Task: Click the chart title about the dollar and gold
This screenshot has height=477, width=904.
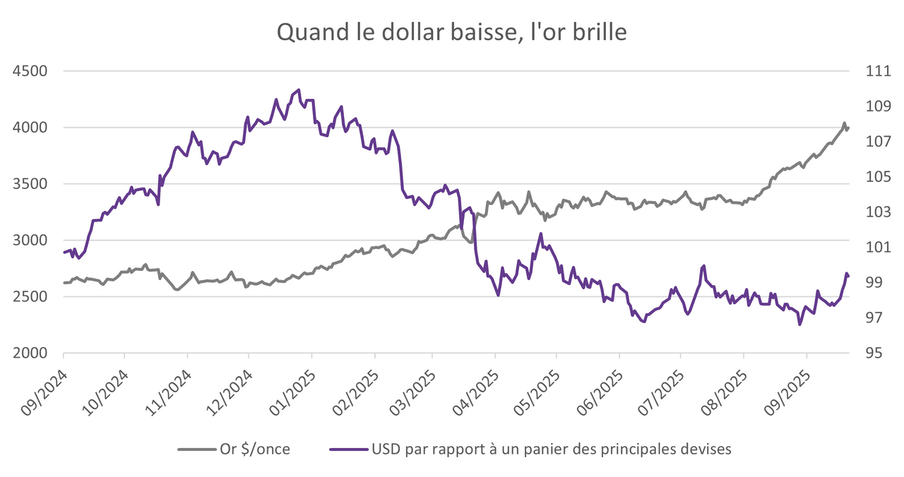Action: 451,32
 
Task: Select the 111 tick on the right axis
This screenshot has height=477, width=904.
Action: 867,71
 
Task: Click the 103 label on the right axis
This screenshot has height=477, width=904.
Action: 867,212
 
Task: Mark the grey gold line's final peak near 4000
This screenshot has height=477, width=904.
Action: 844,123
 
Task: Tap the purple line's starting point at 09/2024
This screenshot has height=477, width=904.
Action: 64,252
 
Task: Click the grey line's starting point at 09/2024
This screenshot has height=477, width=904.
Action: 64,283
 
